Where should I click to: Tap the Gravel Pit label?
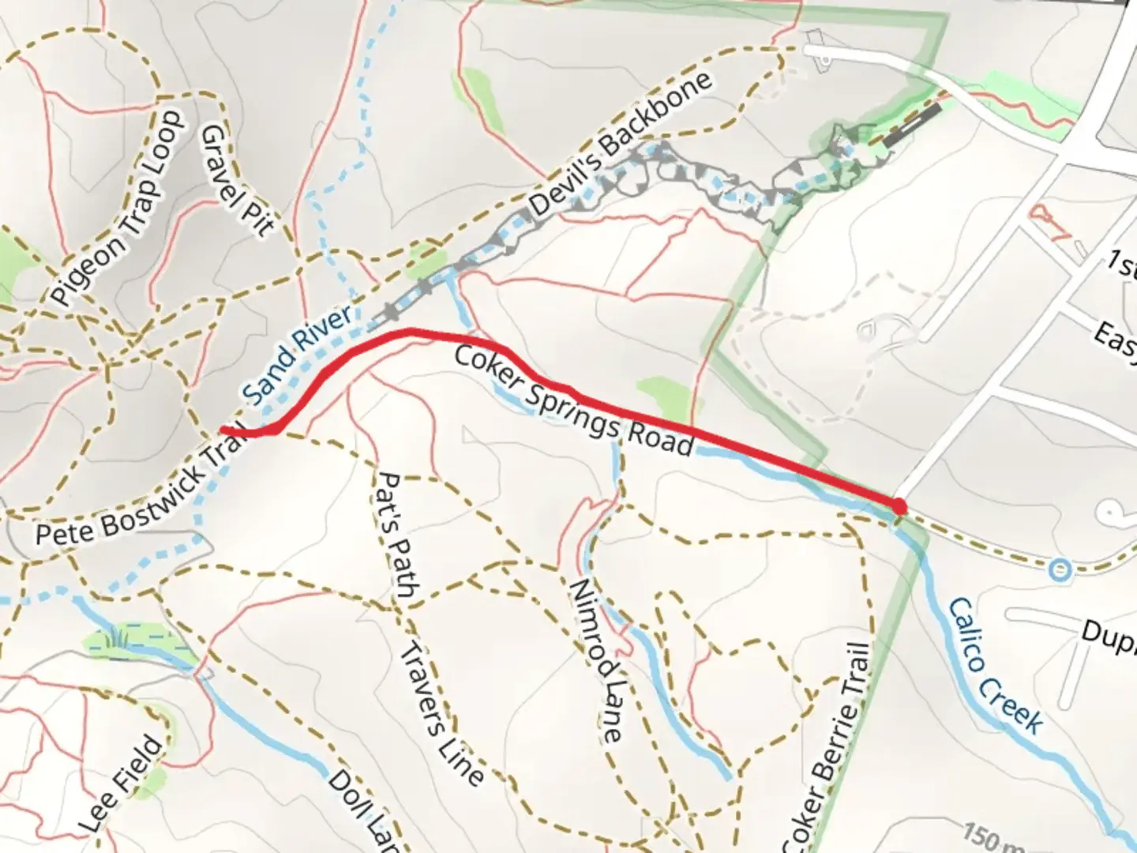pos(237,180)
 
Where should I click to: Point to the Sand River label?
pos(298,355)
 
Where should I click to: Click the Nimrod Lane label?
pos(596,660)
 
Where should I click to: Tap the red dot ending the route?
pos(899,506)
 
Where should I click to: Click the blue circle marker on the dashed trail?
pos(1060,567)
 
